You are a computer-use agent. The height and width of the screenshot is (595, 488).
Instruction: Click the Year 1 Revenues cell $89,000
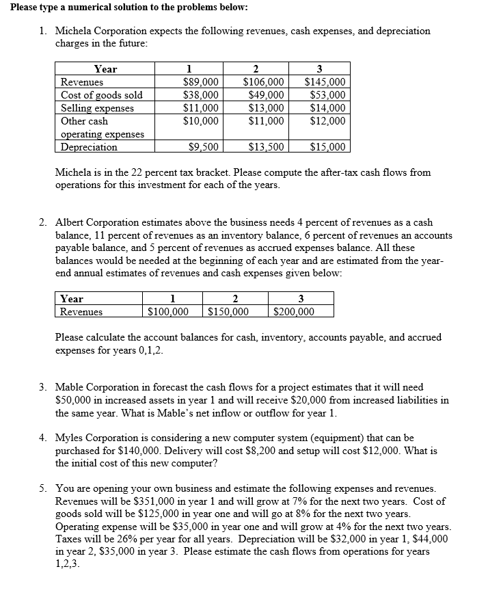[202, 83]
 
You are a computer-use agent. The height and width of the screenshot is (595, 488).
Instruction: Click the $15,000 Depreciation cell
[327, 146]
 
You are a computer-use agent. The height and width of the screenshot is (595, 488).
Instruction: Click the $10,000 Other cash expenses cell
[202, 121]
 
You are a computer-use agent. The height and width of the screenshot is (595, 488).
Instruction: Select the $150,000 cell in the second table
[227, 312]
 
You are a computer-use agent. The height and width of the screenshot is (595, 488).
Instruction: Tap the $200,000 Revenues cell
[294, 312]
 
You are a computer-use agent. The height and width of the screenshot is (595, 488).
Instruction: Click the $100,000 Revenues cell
[168, 312]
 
